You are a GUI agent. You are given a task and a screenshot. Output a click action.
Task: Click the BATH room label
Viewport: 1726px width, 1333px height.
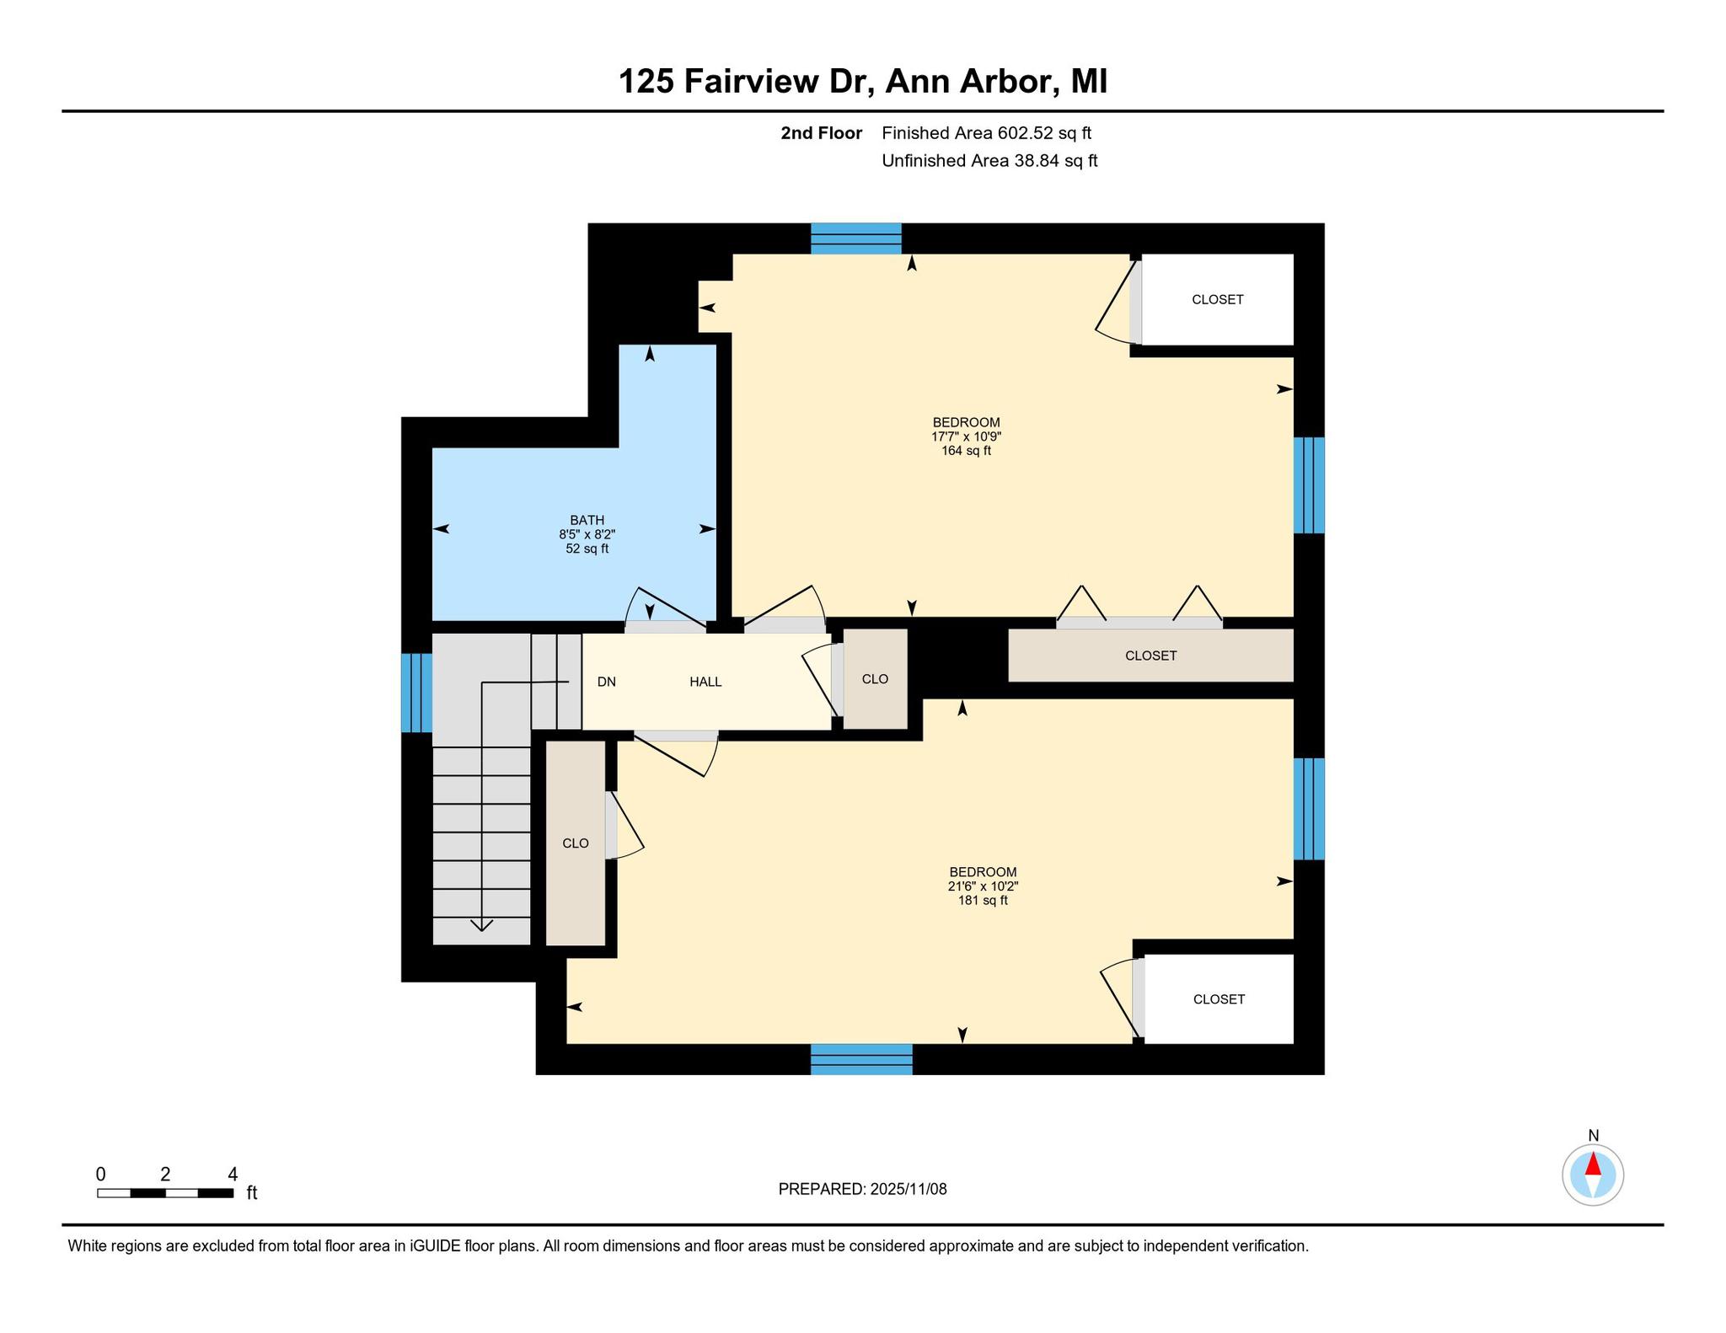(x=587, y=521)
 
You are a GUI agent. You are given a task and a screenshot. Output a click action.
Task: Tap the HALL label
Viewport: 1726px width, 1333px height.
(x=705, y=682)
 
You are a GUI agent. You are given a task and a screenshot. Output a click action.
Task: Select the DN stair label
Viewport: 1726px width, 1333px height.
(x=607, y=682)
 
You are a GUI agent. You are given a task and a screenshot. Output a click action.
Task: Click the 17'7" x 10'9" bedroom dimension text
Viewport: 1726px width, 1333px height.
(x=966, y=436)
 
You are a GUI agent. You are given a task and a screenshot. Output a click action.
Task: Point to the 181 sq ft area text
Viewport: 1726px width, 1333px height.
(x=983, y=900)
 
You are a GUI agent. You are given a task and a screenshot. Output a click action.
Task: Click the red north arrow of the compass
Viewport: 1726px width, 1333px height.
(x=1593, y=1164)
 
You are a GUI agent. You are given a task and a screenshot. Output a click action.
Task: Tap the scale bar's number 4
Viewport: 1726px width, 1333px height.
(x=233, y=1174)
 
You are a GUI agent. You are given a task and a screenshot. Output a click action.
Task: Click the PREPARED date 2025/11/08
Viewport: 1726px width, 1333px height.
(x=909, y=1189)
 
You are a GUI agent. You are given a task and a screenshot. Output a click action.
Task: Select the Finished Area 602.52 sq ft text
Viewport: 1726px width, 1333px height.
(x=987, y=133)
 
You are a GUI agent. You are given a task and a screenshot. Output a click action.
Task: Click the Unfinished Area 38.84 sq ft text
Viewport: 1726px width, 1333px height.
(x=989, y=161)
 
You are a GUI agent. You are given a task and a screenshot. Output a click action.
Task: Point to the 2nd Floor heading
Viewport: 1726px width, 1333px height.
(x=821, y=133)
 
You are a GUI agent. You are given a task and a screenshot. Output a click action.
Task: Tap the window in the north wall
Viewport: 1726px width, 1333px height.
(x=856, y=238)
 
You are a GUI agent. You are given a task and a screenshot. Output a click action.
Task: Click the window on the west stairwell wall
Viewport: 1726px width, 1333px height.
(x=416, y=693)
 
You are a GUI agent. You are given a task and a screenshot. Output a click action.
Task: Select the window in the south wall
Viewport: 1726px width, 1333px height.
(x=861, y=1059)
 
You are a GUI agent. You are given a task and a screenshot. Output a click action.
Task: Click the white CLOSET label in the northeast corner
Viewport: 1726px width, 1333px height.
(x=1218, y=299)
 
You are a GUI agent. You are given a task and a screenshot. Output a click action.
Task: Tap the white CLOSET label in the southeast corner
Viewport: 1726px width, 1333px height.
(x=1219, y=999)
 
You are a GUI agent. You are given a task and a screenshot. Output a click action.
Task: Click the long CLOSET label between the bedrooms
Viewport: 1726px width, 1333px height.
(x=1151, y=656)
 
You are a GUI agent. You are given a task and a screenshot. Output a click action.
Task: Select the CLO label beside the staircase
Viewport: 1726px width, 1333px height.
(x=576, y=843)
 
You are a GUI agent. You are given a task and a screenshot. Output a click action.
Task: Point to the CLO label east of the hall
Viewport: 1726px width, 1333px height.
(x=876, y=679)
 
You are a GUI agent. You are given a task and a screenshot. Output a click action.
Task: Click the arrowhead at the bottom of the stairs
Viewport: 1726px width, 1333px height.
(x=481, y=926)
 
